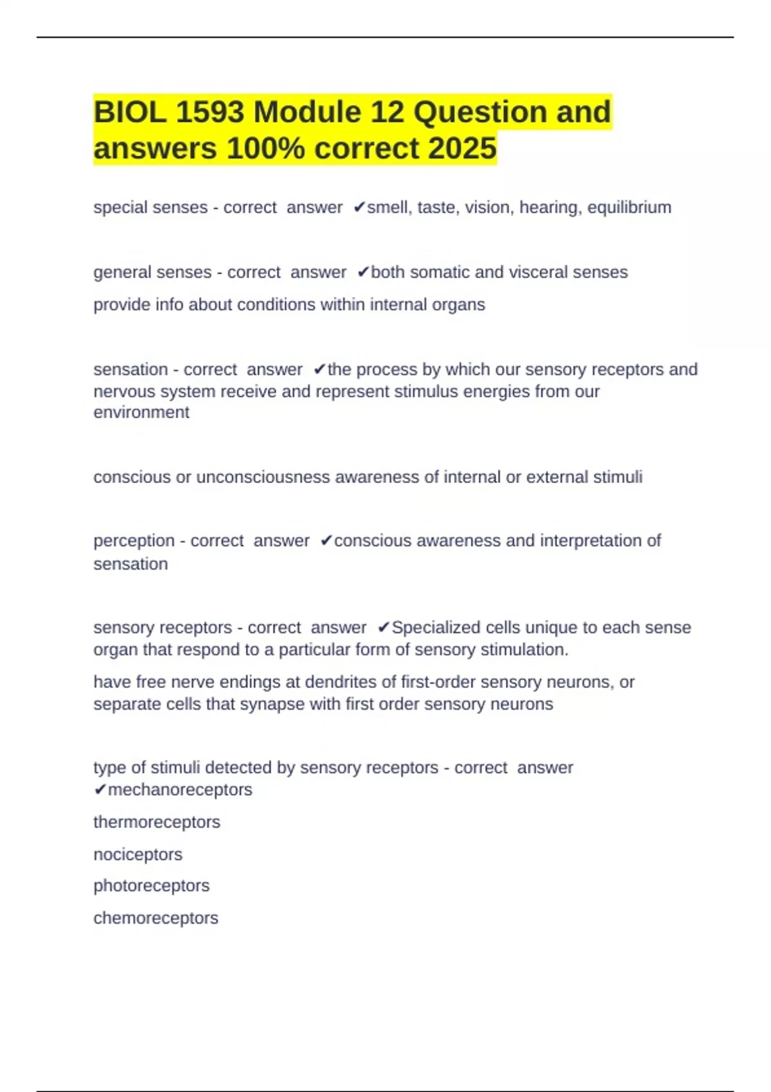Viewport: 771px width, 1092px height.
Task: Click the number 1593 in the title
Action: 209,112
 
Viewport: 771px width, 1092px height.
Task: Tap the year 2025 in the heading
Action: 462,148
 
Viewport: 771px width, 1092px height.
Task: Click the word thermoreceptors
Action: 157,822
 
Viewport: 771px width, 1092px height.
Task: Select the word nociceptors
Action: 137,854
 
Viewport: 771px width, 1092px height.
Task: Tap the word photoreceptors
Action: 151,886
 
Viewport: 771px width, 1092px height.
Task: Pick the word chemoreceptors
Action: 155,918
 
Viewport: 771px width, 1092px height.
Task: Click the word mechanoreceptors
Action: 180,789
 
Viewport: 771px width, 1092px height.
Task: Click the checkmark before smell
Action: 359,207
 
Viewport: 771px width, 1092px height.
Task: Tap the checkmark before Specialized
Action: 384,627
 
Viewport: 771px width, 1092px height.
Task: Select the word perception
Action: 134,541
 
